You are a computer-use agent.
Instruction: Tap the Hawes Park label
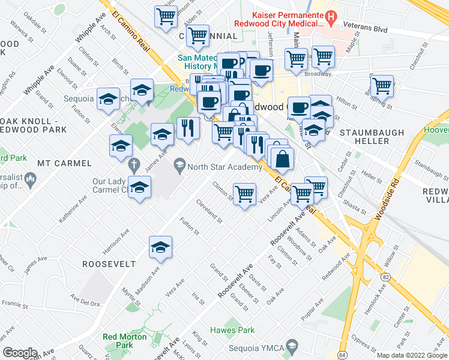pos(232,330)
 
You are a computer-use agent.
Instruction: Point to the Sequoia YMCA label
pos(257,347)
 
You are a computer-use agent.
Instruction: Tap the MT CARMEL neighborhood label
pos(64,163)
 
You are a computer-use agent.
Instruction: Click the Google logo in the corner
pos(20,352)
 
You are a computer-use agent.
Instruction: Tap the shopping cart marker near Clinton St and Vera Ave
pos(244,194)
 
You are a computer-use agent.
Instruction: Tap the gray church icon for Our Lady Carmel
pos(134,164)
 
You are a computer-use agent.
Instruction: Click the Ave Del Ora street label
pos(85,301)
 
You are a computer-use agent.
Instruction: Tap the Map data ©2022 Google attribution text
pos(411,355)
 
